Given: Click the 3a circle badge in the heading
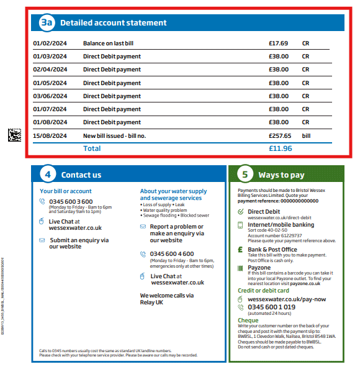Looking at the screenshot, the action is point(47,23).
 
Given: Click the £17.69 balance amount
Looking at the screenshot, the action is point(278,43).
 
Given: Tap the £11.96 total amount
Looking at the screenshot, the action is point(280,148).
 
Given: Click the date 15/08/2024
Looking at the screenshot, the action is point(50,135).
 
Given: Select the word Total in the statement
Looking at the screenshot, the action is point(92,148).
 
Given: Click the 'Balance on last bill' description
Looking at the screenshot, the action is point(108,43).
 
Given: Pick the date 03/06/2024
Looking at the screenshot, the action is point(50,96).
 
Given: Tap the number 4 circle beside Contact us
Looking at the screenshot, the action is point(48,175).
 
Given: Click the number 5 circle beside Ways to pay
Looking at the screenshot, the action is point(245,175).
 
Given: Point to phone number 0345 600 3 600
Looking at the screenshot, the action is point(71,201).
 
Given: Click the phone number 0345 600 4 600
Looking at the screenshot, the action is point(172,253).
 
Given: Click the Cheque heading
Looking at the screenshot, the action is point(248,320).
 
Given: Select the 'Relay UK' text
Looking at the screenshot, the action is point(152,302).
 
